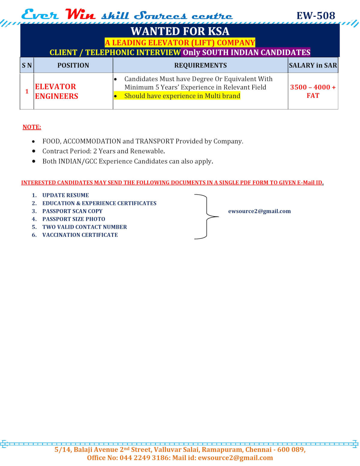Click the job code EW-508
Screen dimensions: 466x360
coord(316,16)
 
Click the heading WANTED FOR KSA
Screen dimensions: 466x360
coord(180,31)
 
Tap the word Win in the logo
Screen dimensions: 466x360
coord(80,15)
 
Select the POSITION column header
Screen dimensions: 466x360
coord(73,65)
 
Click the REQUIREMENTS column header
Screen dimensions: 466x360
coord(200,65)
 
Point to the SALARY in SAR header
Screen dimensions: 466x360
coord(313,65)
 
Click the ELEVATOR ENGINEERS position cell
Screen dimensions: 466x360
coord(57,91)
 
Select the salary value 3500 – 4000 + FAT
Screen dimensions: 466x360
coord(313,91)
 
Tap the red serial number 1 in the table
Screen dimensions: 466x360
coord(27,91)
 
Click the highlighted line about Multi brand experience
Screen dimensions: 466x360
coord(182,96)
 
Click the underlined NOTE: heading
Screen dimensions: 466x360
coord(32,127)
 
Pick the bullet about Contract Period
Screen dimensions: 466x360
coord(103,151)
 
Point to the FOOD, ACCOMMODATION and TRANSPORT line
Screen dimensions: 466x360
coord(142,141)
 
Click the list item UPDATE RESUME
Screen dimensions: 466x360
coord(65,195)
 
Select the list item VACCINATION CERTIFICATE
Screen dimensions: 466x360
coord(80,235)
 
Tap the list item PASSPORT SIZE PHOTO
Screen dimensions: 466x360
coord(73,219)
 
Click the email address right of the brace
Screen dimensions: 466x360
coord(259,211)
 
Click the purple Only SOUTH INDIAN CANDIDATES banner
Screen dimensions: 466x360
coord(246,53)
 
